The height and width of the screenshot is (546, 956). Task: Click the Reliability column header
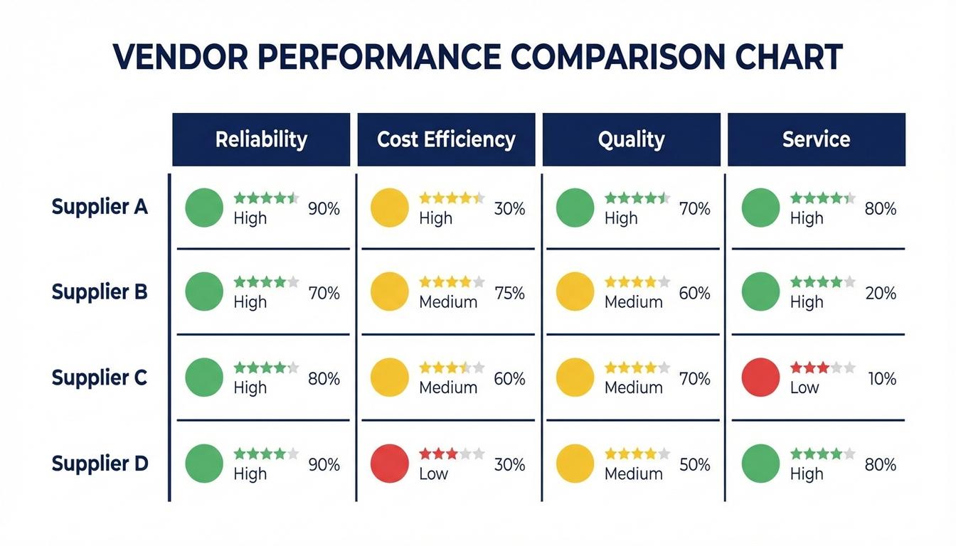(261, 139)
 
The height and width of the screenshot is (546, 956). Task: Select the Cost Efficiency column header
(446, 139)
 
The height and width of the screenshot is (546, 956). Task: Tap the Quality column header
(631, 139)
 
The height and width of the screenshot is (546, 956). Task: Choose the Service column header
(816, 139)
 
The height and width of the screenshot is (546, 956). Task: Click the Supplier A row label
(100, 208)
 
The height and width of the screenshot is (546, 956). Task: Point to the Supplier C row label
(100, 378)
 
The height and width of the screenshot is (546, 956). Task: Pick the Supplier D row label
(100, 464)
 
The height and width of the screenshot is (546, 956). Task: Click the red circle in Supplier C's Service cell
(760, 378)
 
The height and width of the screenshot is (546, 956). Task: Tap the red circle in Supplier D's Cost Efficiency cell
(390, 464)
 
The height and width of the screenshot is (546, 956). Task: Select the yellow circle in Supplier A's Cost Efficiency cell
(390, 208)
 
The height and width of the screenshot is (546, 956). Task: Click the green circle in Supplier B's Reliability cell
(204, 291)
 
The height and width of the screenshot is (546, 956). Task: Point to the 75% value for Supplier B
(509, 293)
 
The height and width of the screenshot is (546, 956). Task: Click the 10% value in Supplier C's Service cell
(881, 379)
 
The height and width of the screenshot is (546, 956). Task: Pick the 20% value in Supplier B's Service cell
(881, 293)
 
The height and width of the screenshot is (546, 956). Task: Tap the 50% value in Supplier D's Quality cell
(694, 465)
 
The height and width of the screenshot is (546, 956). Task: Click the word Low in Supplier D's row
(433, 474)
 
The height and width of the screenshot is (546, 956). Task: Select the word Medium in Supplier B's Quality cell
(633, 302)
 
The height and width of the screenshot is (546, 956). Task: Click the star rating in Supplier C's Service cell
(822, 368)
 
